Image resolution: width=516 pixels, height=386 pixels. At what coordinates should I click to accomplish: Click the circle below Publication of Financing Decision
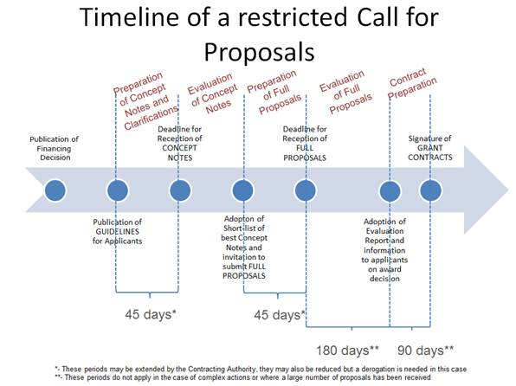click(x=55, y=190)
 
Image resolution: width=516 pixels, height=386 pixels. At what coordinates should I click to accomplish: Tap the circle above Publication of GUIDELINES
click(x=118, y=190)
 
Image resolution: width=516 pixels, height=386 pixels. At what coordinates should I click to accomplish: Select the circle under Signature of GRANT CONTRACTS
click(x=430, y=190)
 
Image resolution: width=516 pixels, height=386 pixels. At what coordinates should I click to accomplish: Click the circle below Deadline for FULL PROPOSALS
click(x=306, y=190)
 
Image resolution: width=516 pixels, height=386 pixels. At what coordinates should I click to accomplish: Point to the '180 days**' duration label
click(x=347, y=351)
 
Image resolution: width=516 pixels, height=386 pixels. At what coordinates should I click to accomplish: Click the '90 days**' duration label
click(x=425, y=351)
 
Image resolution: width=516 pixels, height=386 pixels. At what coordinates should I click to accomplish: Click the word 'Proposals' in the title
click(x=260, y=52)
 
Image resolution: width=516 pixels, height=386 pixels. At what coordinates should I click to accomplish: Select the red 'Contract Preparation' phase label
click(x=412, y=84)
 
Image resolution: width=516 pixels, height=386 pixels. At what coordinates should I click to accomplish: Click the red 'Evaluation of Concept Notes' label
click(x=213, y=93)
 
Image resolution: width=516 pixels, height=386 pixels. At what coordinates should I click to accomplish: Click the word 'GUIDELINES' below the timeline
click(x=117, y=231)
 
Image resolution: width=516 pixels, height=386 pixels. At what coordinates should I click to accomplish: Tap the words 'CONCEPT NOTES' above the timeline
click(x=180, y=152)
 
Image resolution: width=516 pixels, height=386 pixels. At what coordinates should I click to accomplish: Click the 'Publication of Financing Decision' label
click(x=55, y=148)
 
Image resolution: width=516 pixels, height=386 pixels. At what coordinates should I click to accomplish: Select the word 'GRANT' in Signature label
click(x=429, y=148)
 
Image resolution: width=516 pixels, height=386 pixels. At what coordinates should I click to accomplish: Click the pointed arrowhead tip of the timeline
click(x=508, y=190)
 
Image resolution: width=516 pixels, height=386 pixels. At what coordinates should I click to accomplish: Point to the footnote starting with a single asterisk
click(x=261, y=369)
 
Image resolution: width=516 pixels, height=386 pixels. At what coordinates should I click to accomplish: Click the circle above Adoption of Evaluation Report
click(x=390, y=190)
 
